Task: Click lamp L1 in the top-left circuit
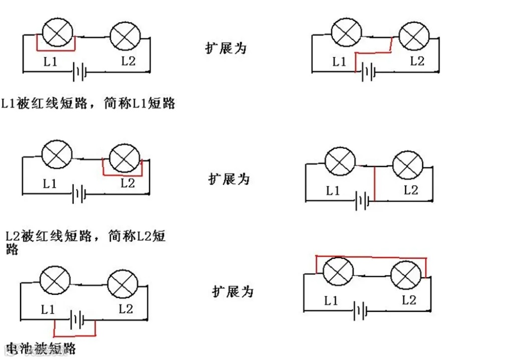(57, 33)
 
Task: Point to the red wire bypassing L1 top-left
(56, 50)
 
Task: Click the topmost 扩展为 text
(226, 48)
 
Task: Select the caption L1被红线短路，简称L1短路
(88, 103)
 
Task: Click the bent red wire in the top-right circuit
(374, 52)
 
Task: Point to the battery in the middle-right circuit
(362, 202)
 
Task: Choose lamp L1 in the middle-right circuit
(340, 163)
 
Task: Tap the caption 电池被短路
(40, 348)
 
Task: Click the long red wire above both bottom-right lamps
(371, 257)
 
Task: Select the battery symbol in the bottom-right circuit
(361, 311)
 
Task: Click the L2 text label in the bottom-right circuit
(409, 300)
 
